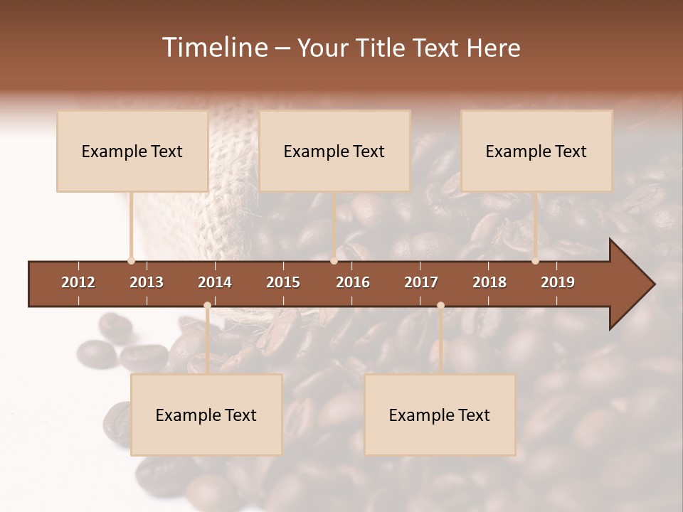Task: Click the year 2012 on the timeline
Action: point(78,282)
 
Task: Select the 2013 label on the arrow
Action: point(147,282)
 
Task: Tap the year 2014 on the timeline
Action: point(215,282)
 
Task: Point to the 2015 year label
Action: point(283,282)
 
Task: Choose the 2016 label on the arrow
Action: point(353,282)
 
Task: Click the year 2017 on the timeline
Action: point(421,282)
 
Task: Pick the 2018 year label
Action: point(489,282)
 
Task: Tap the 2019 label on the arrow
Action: point(558,282)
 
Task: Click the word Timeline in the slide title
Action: point(213,48)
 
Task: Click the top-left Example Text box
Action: point(132,151)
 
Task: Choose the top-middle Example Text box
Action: point(334,151)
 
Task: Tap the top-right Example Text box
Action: point(536,151)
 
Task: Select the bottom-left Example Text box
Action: point(206,415)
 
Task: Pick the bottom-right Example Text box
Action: point(440,415)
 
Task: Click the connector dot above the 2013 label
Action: point(131,260)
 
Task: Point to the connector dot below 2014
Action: point(207,306)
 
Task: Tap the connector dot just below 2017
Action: point(440,306)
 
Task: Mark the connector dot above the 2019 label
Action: point(535,260)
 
